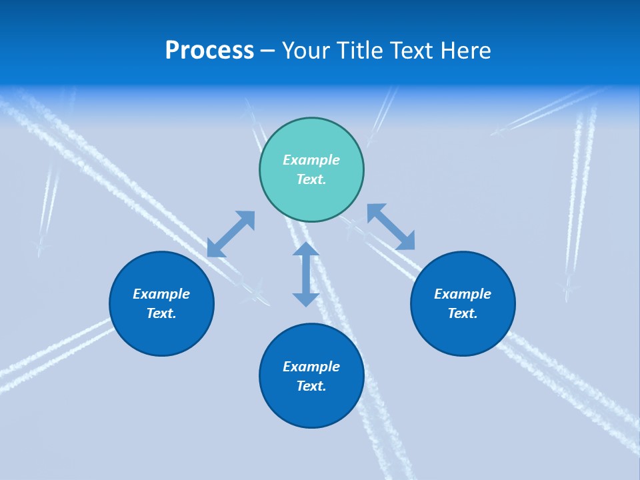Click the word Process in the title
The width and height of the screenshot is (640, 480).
point(209,51)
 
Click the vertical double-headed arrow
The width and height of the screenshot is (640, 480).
point(306,274)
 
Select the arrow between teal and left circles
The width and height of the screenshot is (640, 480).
point(231,234)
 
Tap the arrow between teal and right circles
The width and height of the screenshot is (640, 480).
point(391,227)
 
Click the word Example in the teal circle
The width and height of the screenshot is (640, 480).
point(311,160)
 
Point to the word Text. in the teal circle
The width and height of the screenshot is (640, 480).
point(311,179)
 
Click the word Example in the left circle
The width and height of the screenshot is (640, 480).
point(161,294)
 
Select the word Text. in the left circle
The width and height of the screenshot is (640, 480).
point(161,313)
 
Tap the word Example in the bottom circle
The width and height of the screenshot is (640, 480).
point(311,367)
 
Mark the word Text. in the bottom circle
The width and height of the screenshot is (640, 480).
point(311,386)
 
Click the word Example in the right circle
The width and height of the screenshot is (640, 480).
point(463,294)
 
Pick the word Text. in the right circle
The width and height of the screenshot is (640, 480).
point(463,313)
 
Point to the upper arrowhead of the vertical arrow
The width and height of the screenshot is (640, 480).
point(306,249)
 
